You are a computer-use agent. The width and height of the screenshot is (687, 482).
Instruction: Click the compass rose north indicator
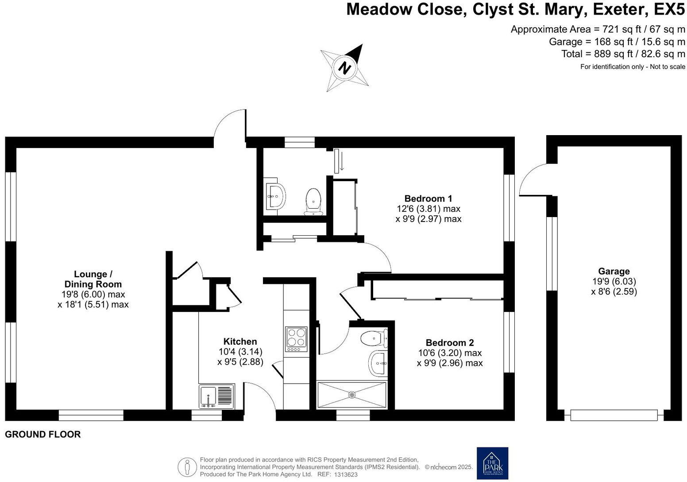click(x=345, y=68)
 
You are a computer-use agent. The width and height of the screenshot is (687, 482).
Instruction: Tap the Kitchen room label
click(x=240, y=342)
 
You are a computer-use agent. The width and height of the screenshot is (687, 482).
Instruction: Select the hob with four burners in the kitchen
click(x=296, y=339)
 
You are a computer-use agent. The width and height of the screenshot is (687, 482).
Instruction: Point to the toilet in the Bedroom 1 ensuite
click(x=313, y=201)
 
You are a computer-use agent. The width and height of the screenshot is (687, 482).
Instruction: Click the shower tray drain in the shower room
click(x=352, y=394)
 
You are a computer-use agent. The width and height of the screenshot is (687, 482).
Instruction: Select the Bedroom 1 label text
click(x=428, y=198)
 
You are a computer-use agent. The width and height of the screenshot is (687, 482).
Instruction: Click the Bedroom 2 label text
click(x=449, y=342)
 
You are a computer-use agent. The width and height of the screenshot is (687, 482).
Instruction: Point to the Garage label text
click(x=614, y=271)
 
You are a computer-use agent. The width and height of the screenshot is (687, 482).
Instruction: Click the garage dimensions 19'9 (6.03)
click(x=614, y=281)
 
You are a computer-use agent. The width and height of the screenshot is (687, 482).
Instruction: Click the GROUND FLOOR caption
click(x=43, y=435)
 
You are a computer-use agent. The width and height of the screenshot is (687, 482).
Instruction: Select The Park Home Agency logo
click(x=492, y=463)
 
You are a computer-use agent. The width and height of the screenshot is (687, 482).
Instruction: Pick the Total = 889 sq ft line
click(x=623, y=54)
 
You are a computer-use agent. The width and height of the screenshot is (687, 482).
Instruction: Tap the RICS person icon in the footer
click(x=187, y=467)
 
